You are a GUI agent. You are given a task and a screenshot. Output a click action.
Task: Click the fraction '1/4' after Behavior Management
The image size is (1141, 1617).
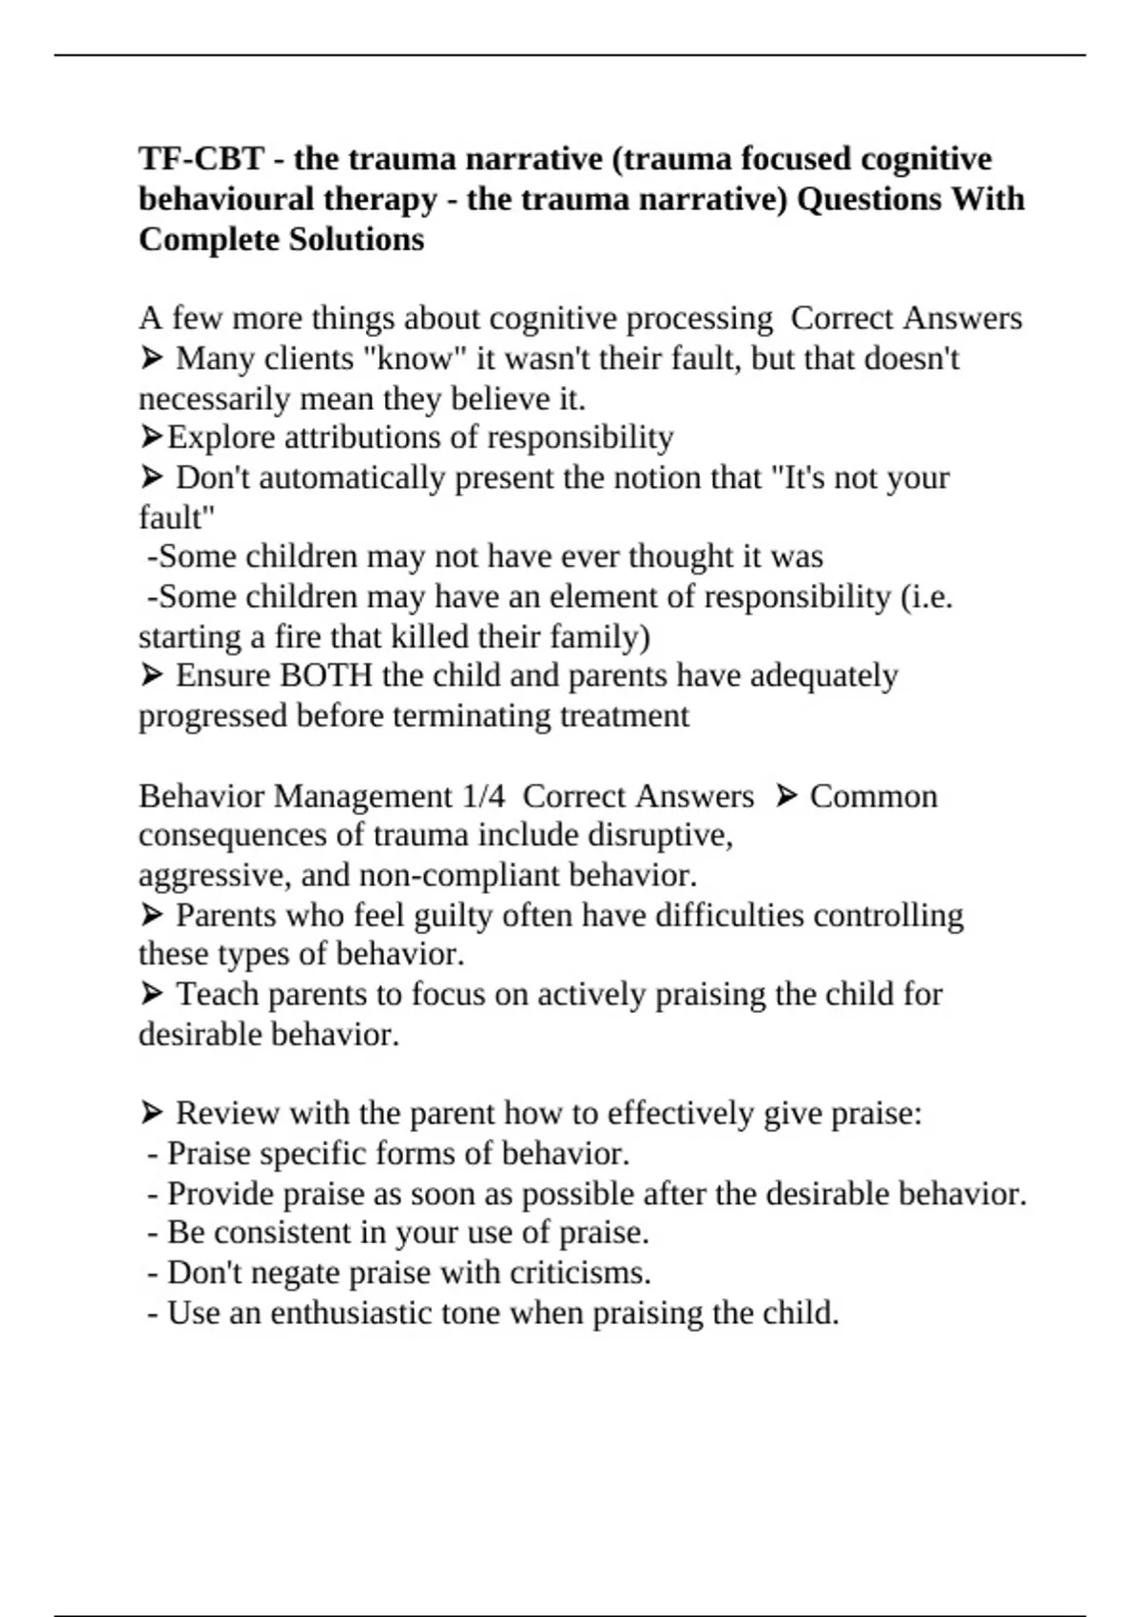coord(483,796)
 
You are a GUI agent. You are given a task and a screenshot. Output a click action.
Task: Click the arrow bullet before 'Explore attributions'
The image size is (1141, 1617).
coord(151,438)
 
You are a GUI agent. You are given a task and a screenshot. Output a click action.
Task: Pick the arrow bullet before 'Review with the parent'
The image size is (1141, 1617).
coord(151,1113)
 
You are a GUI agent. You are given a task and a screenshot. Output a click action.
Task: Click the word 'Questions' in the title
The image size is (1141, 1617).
coord(870,199)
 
